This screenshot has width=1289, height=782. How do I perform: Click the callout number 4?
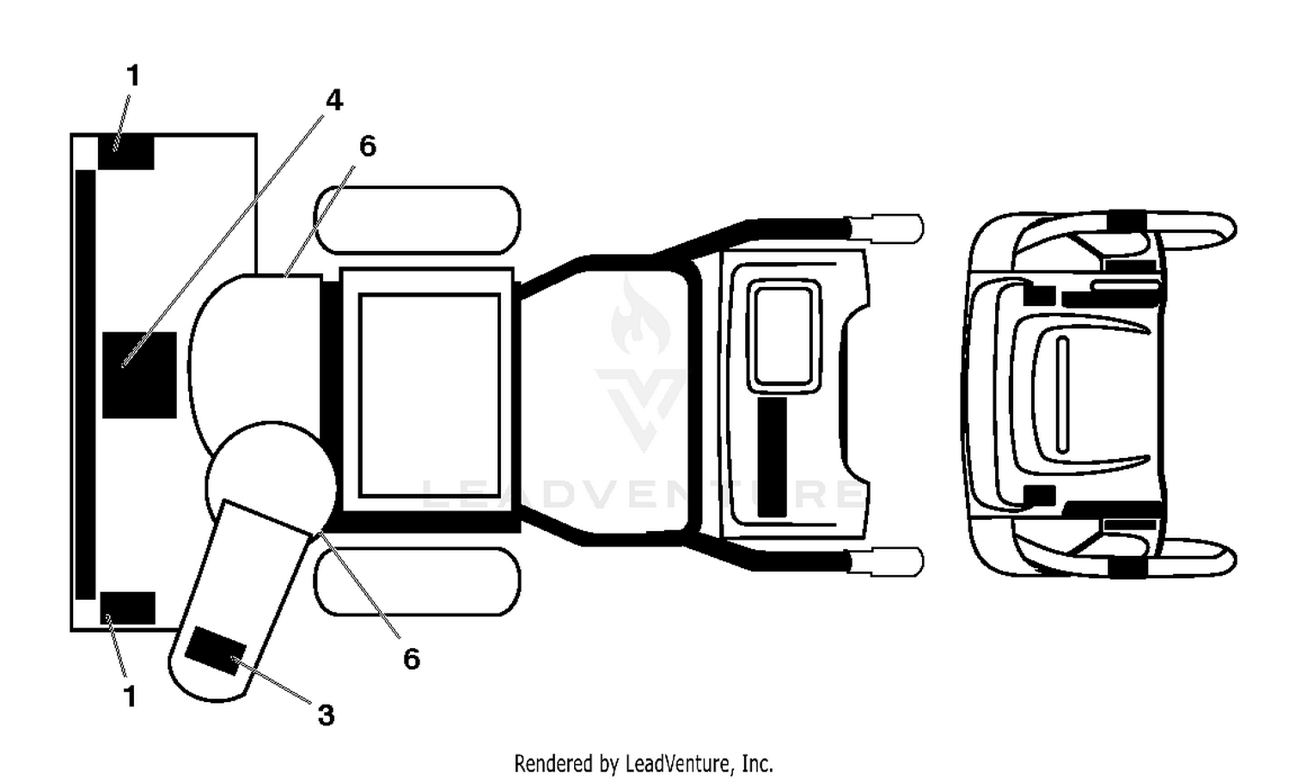point(333,101)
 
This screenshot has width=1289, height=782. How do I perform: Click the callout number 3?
point(326,715)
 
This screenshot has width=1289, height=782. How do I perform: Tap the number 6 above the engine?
point(368,146)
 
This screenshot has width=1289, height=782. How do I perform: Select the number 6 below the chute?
point(412,659)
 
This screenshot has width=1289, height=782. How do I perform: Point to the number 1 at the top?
point(133,76)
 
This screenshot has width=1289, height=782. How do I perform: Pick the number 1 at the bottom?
point(130,696)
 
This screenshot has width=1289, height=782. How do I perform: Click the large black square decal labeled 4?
point(139,375)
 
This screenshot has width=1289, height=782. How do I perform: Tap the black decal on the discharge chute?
point(216,651)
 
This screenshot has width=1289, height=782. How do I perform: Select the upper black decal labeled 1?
point(126,152)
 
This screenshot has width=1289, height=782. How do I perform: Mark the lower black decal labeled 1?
point(128,608)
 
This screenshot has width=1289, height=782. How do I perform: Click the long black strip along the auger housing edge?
point(85,384)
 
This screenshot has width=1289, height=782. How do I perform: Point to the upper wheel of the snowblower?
point(417,220)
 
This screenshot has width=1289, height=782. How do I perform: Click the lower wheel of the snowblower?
point(417,582)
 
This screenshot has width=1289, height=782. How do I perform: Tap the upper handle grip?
point(886,229)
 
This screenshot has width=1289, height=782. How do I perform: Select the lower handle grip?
point(886,562)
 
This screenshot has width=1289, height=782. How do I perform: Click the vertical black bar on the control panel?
point(773,457)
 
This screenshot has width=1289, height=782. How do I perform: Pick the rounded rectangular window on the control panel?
point(784,337)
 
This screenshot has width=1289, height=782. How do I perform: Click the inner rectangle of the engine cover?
point(430,395)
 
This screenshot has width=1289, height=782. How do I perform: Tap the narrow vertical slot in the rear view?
point(1062,394)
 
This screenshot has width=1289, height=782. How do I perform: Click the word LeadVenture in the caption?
point(680,764)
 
